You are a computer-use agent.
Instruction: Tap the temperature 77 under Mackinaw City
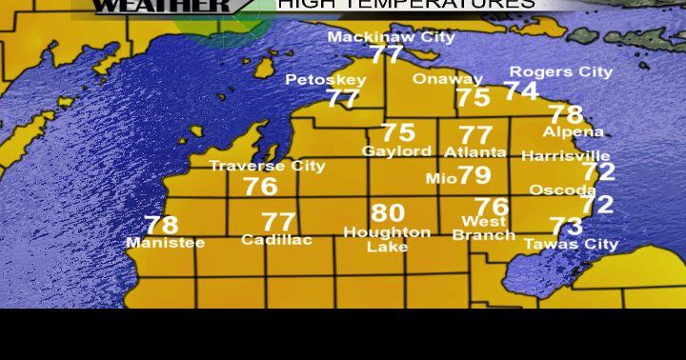[x=387, y=54]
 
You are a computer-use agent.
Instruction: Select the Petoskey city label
[x=325, y=79]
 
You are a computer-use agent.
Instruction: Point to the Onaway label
[x=448, y=79]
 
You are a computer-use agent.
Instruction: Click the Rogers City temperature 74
[x=521, y=90]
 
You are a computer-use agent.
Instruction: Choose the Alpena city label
[x=574, y=131]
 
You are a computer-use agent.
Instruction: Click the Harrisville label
[x=566, y=155]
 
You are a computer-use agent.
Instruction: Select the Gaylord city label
[x=397, y=151]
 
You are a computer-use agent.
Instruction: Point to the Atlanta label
[x=475, y=151]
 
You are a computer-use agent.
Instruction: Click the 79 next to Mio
[x=474, y=175]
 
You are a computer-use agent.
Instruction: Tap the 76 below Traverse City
[x=260, y=187]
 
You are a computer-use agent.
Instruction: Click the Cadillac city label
[x=276, y=240]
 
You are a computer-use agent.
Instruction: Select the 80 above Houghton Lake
[x=388, y=213]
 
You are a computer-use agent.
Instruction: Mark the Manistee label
[x=165, y=243]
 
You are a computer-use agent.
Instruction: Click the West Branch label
[x=484, y=229]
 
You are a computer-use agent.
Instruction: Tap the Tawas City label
[x=571, y=244]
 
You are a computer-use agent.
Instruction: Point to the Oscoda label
[x=563, y=190]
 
